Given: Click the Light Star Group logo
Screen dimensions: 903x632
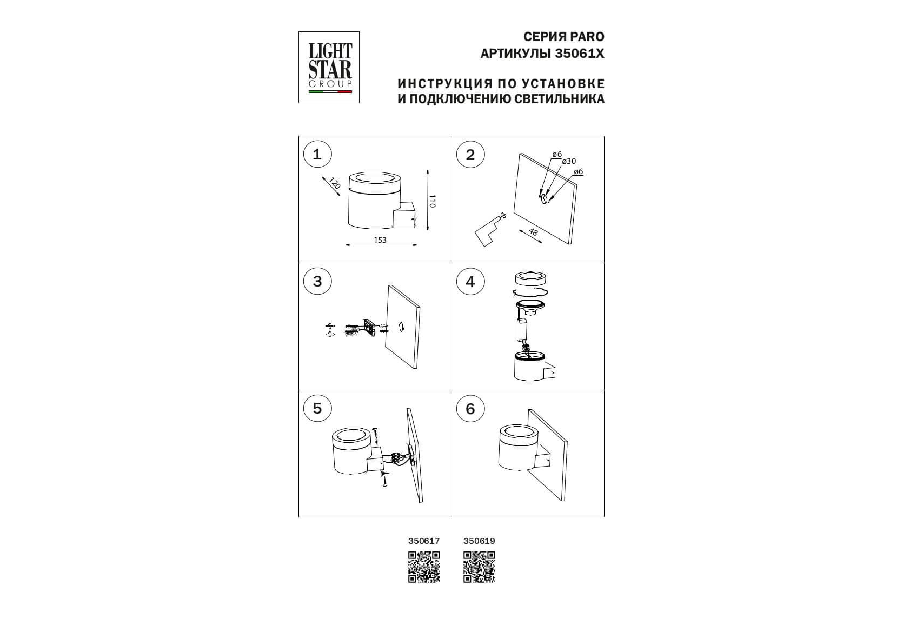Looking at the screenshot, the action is click(329, 68).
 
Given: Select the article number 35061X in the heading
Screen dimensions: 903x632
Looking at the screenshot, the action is click(580, 54).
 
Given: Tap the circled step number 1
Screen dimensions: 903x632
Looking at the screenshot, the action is click(317, 155).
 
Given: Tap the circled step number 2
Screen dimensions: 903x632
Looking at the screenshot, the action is click(470, 155).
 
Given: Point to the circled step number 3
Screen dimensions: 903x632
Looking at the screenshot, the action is click(317, 281).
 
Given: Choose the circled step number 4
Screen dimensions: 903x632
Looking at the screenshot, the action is click(470, 282).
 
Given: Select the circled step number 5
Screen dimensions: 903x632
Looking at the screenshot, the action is click(317, 408).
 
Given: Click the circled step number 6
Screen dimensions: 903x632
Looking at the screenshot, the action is click(470, 409).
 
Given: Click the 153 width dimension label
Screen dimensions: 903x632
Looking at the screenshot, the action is click(380, 240).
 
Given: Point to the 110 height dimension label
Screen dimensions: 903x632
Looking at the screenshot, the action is click(431, 201).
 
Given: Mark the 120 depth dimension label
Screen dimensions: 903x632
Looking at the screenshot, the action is click(335, 183).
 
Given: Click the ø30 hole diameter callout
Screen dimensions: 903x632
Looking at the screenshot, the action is click(569, 161).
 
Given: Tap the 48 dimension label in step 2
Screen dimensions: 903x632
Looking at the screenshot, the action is click(533, 232).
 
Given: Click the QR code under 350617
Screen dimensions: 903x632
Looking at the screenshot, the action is click(424, 567).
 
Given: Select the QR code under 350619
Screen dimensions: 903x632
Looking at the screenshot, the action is click(479, 567).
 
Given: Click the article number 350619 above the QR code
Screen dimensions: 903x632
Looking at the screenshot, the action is click(479, 541).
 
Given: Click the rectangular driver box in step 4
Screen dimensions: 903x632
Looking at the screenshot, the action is click(523, 330).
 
